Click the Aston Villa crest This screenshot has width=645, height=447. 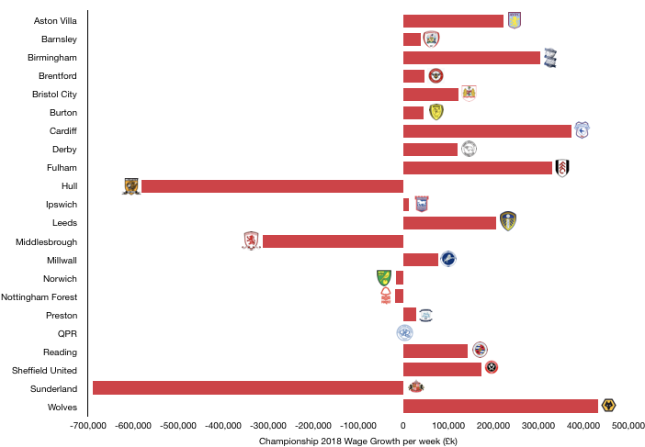[x=515, y=20]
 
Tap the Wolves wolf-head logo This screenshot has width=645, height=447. [x=608, y=406]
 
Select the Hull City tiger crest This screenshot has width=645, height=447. [x=131, y=186]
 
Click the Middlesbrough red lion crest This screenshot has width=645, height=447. [x=251, y=240]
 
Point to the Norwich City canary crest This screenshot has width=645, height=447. [x=384, y=277]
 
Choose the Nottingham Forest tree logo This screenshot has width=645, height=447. [x=386, y=296]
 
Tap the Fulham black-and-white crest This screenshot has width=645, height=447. [x=562, y=168]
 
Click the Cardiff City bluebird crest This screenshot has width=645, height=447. [x=582, y=130]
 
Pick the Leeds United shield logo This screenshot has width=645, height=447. [x=508, y=221]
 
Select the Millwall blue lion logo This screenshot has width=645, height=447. [x=448, y=259]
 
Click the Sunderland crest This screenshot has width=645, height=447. [x=416, y=386]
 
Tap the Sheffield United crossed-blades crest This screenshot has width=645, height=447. [x=492, y=367]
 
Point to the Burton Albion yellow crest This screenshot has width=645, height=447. [x=436, y=112]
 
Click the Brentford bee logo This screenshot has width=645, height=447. [x=436, y=75]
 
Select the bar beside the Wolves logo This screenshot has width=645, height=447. [x=501, y=406]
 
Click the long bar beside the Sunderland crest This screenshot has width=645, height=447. [x=248, y=387]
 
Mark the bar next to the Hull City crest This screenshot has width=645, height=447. [x=272, y=186]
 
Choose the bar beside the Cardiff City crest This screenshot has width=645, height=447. [x=487, y=131]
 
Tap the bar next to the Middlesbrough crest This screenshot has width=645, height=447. [x=333, y=241]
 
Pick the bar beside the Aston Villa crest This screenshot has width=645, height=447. [x=453, y=21]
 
